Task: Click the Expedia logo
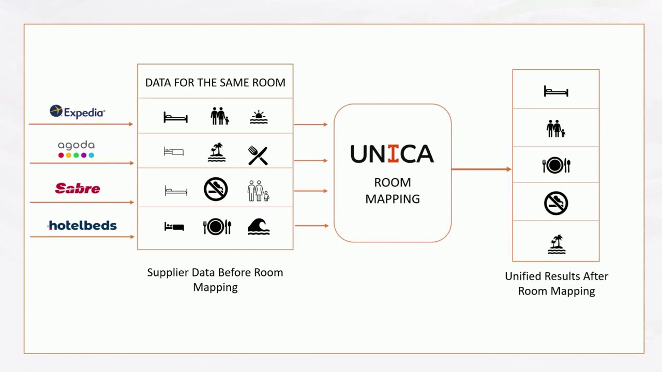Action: pos(78,112)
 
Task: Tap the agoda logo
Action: pos(76,149)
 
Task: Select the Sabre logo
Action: pos(78,189)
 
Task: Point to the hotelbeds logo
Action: pos(82,225)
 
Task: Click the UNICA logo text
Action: pos(392,154)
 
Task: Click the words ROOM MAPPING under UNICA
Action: pos(393,191)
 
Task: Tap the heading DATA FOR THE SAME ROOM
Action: pos(215,83)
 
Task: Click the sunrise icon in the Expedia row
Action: pos(259,117)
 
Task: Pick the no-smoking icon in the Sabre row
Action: pos(216,189)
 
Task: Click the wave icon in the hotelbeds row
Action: pos(259,226)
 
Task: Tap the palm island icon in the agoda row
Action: pos(217,152)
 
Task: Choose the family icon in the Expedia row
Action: pos(220,116)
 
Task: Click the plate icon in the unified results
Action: pos(556,165)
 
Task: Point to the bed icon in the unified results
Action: pos(556,92)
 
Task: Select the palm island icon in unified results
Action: pos(556,244)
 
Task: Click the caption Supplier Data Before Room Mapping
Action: pos(215,280)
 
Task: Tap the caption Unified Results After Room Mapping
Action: pos(556,284)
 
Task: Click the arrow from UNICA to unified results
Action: pos(481,169)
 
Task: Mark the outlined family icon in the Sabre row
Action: pos(258,191)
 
